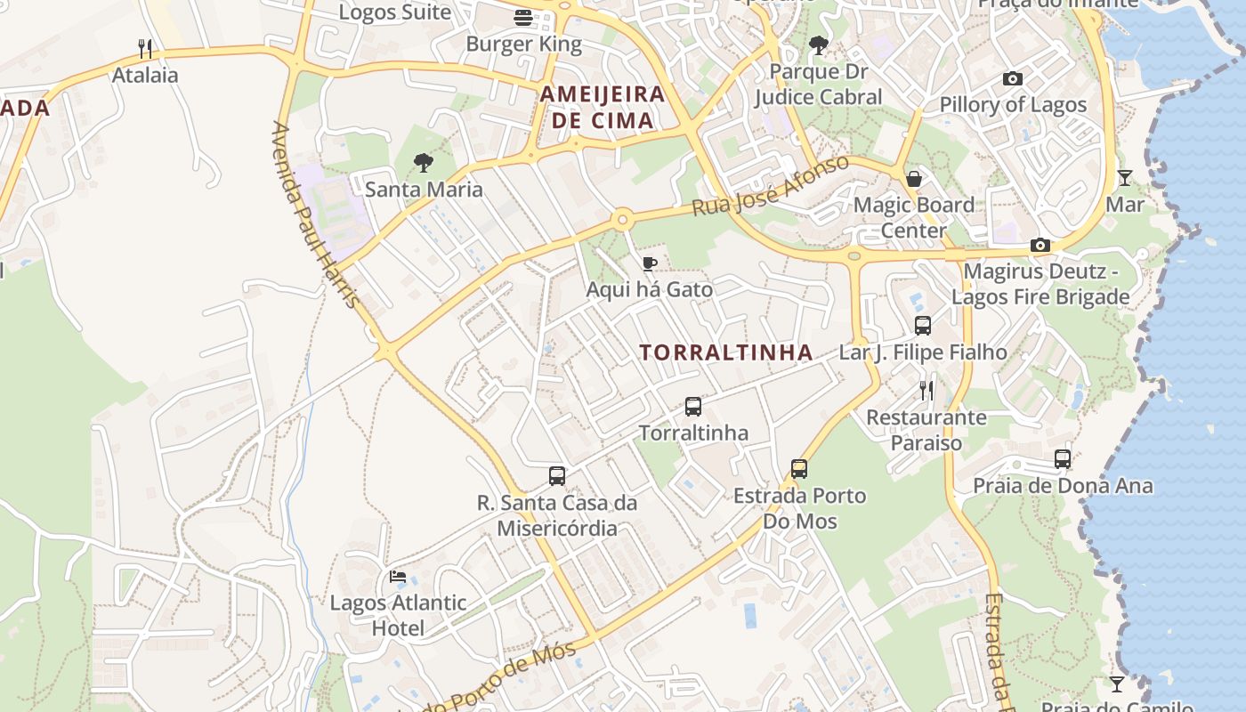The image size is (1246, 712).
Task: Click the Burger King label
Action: [x=523, y=44]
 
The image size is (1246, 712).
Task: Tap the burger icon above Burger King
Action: [x=523, y=17]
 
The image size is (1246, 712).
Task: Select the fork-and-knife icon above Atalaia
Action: [x=145, y=48]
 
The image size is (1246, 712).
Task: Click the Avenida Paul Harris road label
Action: [x=316, y=214]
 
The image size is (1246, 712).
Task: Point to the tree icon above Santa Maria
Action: [x=424, y=162]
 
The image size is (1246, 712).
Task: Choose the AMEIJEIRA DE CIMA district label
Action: [x=603, y=107]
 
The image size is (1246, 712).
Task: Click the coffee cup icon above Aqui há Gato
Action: [x=650, y=263]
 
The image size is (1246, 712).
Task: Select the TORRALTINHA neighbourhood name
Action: [x=726, y=352]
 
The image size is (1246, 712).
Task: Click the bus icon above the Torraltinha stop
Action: [x=693, y=407]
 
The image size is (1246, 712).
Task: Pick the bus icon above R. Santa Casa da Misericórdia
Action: [x=557, y=476]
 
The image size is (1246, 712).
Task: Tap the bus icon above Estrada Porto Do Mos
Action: [x=799, y=469]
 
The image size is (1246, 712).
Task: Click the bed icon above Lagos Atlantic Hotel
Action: [x=398, y=577]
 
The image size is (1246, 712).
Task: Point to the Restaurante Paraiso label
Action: [x=926, y=430]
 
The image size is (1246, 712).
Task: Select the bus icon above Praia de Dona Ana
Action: [x=1063, y=459]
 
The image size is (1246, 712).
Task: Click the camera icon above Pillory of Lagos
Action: [x=1013, y=78]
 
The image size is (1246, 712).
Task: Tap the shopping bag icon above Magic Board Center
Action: [x=914, y=179]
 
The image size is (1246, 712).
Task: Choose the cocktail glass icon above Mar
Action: [x=1125, y=178]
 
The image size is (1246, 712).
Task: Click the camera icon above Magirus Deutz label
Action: [x=1040, y=245]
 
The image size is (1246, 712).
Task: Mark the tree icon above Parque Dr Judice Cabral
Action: [x=818, y=44]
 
